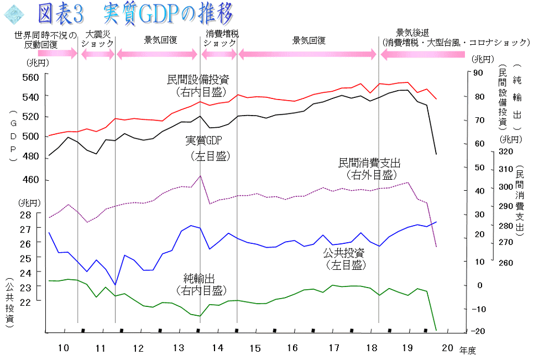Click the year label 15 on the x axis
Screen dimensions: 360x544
click(x=254, y=348)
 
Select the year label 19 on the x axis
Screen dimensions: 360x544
click(x=407, y=348)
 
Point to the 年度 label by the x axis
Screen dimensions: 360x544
click(x=467, y=349)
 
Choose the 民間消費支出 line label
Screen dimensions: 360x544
click(x=369, y=164)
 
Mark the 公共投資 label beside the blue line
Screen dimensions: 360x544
click(x=344, y=253)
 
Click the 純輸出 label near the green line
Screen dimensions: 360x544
click(x=204, y=278)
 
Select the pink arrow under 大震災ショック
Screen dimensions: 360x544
click(x=97, y=54)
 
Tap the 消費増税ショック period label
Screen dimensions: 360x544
click(x=221, y=38)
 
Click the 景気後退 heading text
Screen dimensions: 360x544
click(x=413, y=32)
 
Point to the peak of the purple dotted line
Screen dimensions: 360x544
click(x=200, y=176)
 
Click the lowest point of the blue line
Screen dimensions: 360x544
click(x=115, y=285)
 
